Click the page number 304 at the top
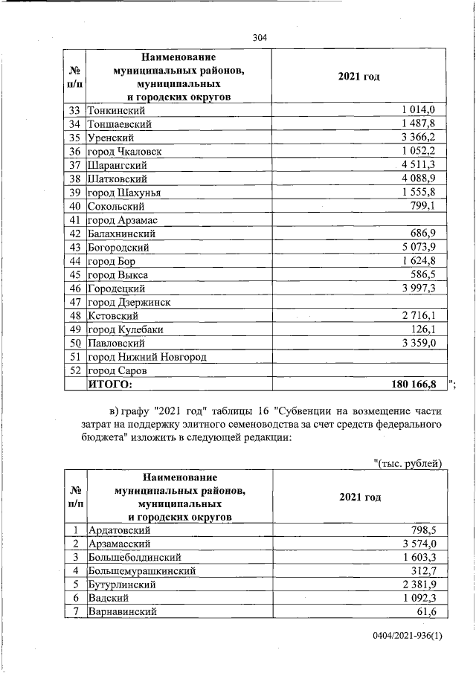tap(259, 37)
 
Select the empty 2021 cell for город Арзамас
tap(359, 220)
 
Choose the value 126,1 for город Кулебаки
tap(428, 329)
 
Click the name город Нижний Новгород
tap(147, 357)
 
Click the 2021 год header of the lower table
tap(359, 497)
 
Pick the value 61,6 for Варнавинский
tap(431, 612)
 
